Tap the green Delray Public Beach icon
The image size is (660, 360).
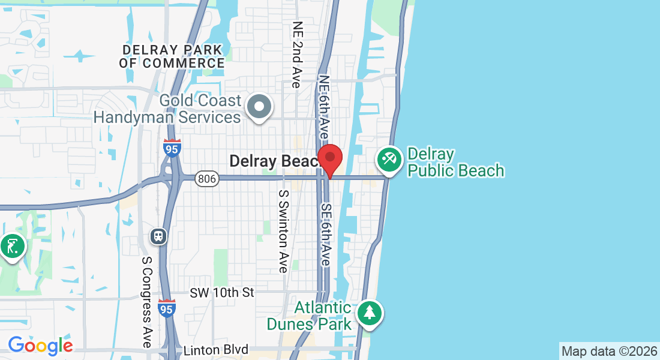pos(389,160)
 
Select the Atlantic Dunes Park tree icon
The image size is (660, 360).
pos(370,313)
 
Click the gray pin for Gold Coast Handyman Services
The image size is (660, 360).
pos(260,107)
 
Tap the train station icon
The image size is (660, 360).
pos(159,236)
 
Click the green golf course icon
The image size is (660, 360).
pos(12,246)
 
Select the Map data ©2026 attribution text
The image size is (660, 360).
pos(609,351)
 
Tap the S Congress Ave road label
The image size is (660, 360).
pos(146,302)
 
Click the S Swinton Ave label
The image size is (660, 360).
pos(283,232)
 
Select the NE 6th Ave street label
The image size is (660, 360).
pos(324,108)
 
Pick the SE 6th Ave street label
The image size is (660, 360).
pos(326,235)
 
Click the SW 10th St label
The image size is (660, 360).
pos(221,293)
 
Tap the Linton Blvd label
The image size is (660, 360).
pos(215,350)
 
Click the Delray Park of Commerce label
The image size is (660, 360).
pos(172,56)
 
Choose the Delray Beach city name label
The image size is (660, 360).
pos(274,161)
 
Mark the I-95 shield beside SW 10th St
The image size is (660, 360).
pos(167,309)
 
